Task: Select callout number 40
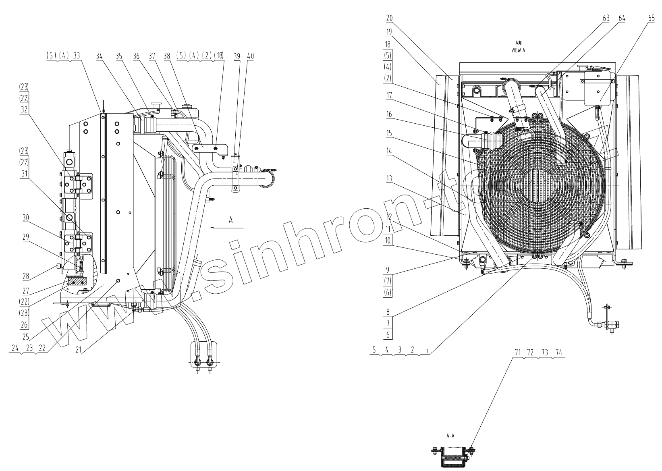(250, 57)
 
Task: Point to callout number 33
(77, 57)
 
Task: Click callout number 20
(389, 18)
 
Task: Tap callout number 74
(558, 352)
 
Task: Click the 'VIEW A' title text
(518, 51)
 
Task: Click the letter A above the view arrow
(231, 220)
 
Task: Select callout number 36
(137, 57)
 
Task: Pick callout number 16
(389, 114)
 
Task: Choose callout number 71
(518, 352)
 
